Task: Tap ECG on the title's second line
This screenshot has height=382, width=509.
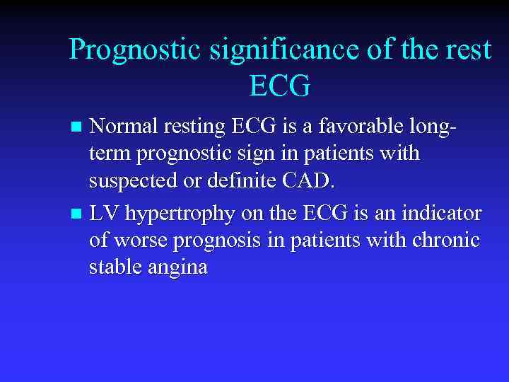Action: pos(280,86)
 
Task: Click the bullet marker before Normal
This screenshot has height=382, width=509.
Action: pos(78,128)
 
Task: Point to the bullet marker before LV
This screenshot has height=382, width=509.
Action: pos(78,214)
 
